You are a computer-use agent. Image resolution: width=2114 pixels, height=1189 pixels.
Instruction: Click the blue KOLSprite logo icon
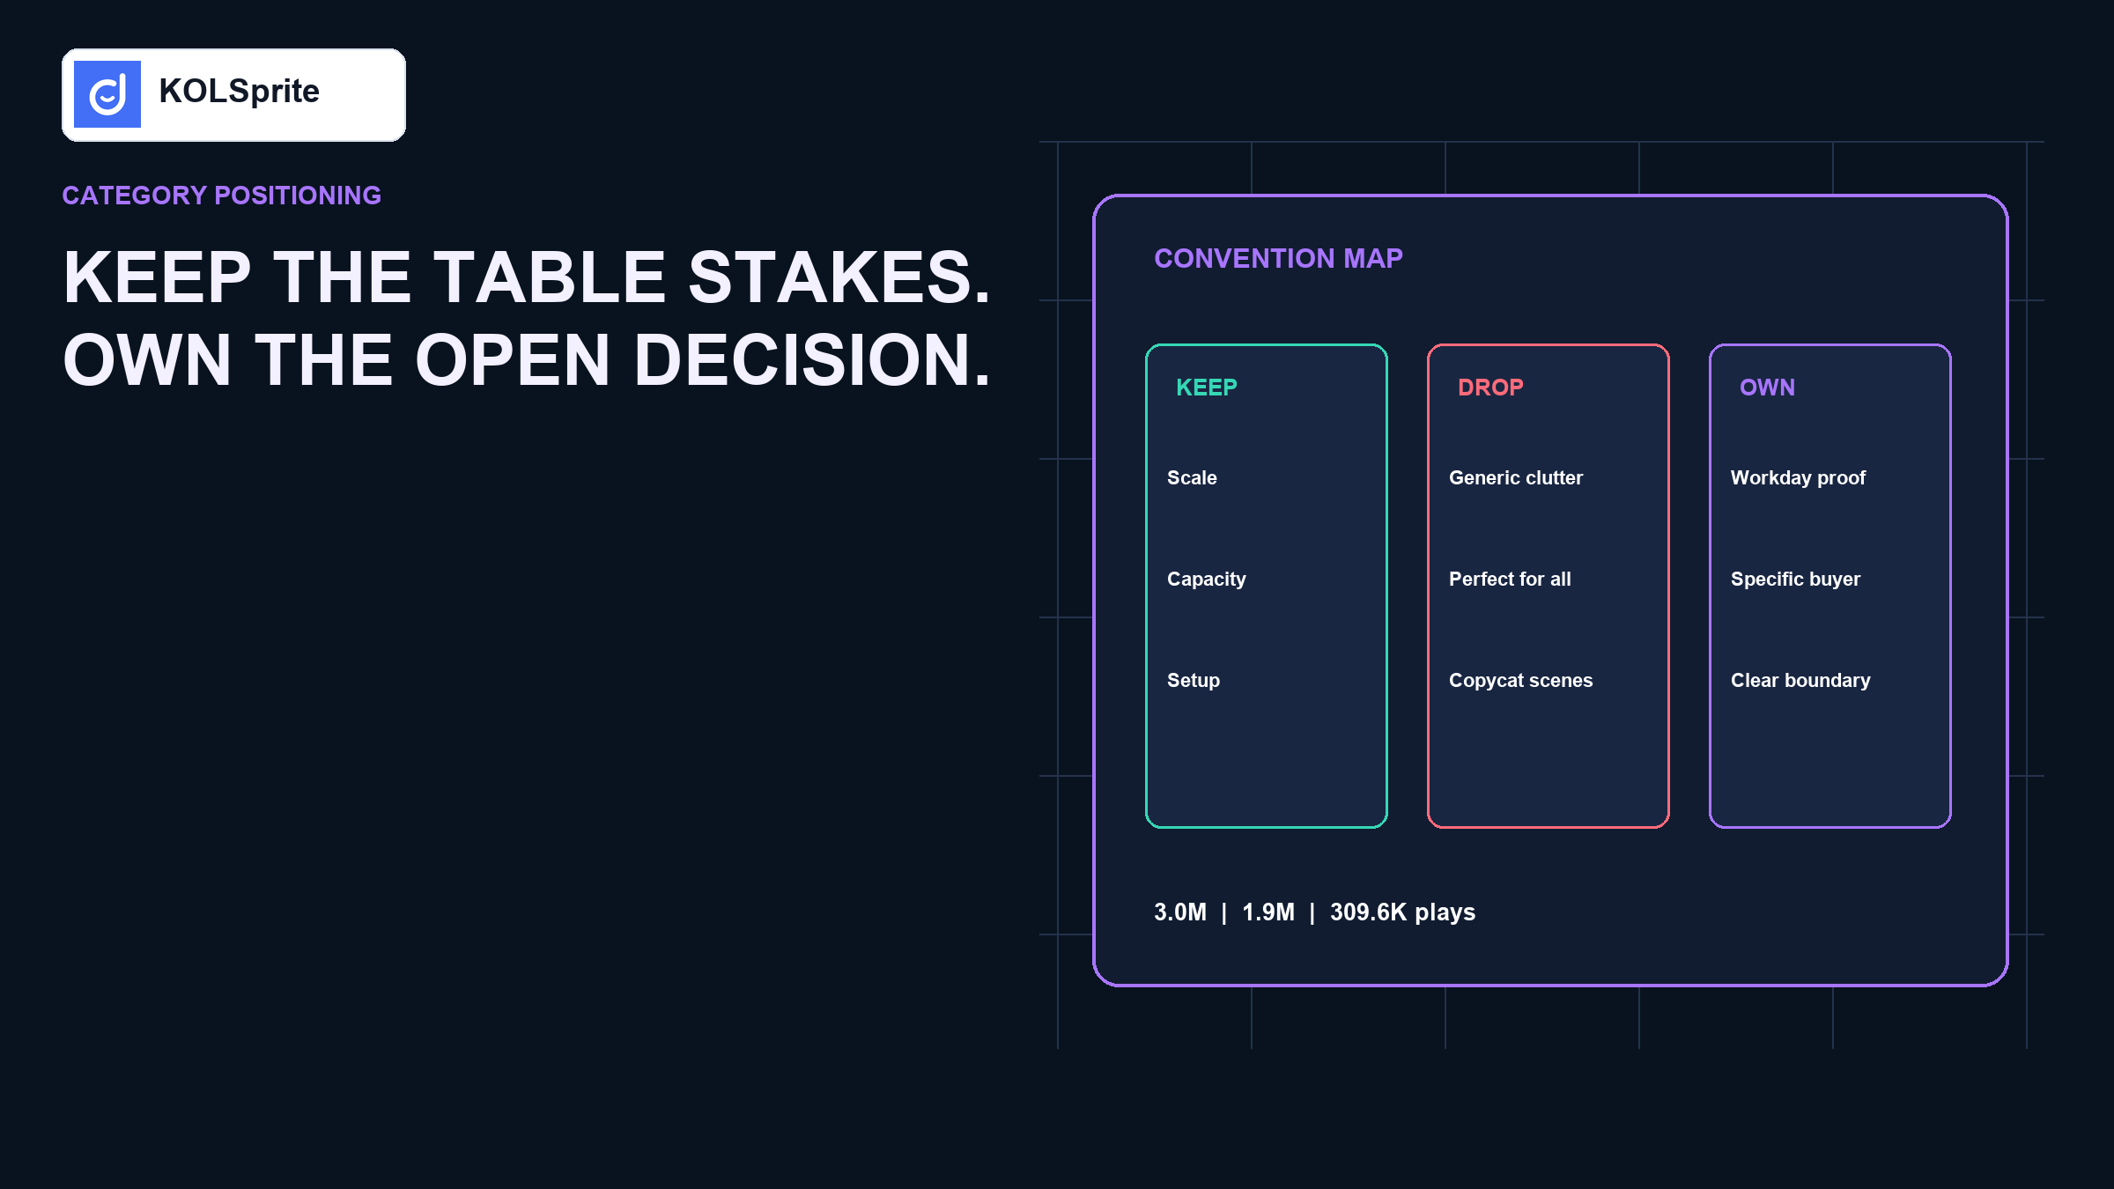point(107,94)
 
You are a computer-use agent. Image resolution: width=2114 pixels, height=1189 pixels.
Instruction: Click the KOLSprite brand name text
point(239,92)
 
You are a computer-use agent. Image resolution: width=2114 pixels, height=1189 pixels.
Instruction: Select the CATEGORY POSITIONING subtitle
point(221,196)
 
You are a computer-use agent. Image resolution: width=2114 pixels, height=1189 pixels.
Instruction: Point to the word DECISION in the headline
point(812,360)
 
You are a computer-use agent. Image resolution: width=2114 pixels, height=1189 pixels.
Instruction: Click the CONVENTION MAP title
point(1278,258)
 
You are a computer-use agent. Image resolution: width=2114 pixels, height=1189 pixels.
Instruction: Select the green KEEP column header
point(1207,388)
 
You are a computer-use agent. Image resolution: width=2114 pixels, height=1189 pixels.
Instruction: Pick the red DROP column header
point(1490,388)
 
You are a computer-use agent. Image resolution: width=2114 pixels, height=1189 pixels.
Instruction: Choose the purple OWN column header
point(1767,388)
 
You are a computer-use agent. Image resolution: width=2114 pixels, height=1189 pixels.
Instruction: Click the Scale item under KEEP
point(1192,478)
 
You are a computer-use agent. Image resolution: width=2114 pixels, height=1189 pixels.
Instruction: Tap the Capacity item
point(1207,580)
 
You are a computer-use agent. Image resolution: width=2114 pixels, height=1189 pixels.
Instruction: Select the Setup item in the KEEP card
point(1194,681)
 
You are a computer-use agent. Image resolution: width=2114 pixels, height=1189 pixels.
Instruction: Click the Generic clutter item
point(1516,478)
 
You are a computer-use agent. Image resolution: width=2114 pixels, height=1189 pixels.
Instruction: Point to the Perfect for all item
point(1510,580)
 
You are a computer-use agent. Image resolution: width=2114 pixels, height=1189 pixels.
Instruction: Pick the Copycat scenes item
point(1521,681)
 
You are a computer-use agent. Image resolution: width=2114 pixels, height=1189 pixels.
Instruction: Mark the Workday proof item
point(1798,478)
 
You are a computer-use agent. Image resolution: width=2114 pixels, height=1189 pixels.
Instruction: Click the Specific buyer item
point(1795,580)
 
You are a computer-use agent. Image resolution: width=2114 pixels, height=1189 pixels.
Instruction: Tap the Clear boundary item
point(1800,681)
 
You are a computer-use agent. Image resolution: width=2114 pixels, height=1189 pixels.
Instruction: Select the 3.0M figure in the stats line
point(1180,912)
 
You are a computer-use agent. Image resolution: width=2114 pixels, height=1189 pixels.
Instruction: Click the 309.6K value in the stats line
point(1369,912)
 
